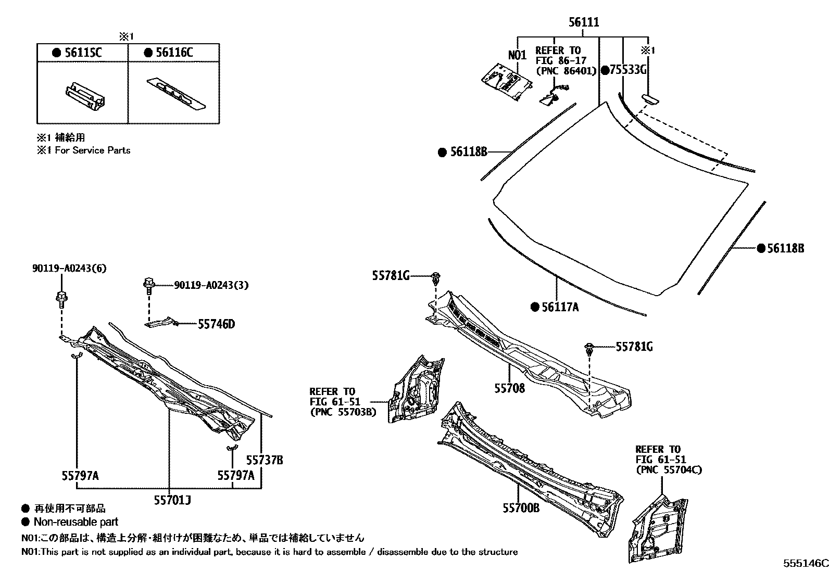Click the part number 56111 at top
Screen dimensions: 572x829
tap(584, 22)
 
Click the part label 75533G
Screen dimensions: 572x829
tap(626, 70)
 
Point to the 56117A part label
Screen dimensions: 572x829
tap(560, 307)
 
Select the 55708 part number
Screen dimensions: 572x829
tap(509, 388)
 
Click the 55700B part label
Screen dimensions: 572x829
tap(521, 507)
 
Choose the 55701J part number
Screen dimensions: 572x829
tap(172, 500)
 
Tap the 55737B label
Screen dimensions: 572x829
tap(265, 460)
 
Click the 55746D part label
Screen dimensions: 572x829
tap(216, 324)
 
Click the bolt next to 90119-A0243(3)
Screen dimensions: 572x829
tap(147, 284)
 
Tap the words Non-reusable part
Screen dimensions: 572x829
tap(76, 522)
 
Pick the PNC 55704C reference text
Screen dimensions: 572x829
tap(669, 470)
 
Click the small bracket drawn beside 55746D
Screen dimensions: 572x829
tap(161, 323)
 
